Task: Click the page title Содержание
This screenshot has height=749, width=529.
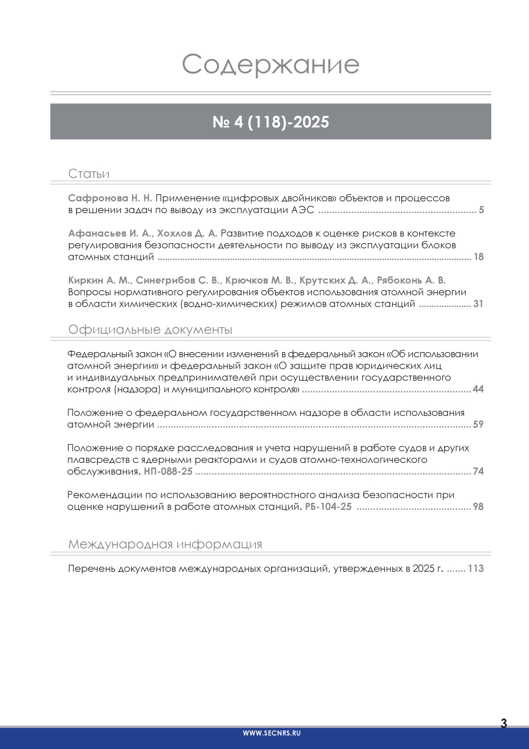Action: (270, 64)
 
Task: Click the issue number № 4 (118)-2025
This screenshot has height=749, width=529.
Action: (270, 122)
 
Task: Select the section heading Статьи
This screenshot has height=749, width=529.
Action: (89, 174)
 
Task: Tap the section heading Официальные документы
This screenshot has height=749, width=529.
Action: (150, 330)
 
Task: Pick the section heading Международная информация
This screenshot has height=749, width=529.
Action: (165, 544)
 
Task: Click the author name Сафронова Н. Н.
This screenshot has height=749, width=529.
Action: (110, 198)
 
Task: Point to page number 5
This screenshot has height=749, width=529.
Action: (482, 210)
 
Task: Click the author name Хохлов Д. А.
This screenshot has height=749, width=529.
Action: (187, 233)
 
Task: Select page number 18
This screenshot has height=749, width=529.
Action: (479, 257)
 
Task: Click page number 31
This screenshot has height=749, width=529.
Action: (478, 304)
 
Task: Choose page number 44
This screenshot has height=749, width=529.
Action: (478, 389)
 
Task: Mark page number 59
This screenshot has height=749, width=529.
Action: (478, 424)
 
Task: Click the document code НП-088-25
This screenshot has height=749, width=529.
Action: (168, 471)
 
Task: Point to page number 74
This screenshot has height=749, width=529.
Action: (478, 471)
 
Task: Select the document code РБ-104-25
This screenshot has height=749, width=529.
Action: (328, 507)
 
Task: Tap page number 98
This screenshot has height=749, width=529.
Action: (478, 507)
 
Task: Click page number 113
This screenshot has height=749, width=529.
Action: (476, 569)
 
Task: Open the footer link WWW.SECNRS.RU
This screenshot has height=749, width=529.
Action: (271, 733)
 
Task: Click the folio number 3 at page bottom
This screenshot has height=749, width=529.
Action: (504, 723)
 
